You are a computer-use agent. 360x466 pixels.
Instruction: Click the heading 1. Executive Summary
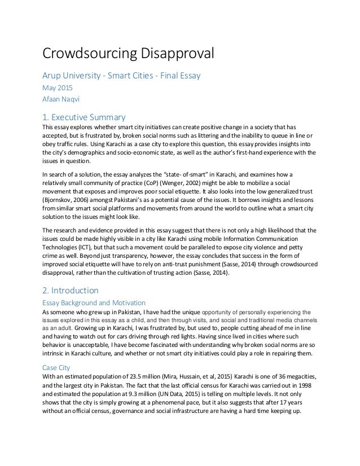point(84,118)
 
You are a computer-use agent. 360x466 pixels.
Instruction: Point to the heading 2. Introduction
point(71,291)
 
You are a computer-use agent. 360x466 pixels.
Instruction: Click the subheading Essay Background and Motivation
point(94,303)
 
